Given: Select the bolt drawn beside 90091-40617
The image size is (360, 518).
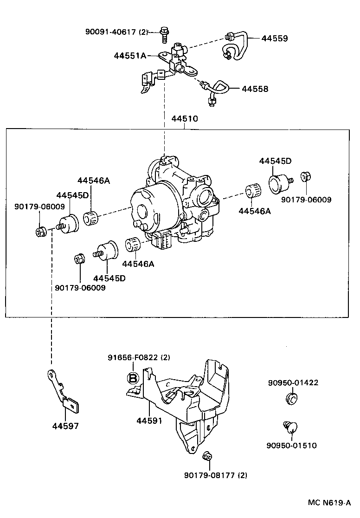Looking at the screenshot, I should pyautogui.click(x=164, y=32).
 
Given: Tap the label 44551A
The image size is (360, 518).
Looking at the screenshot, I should pyautogui.click(x=130, y=56).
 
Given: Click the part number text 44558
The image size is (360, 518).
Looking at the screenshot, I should pyautogui.click(x=255, y=89).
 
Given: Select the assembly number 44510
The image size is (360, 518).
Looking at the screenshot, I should pyautogui.click(x=185, y=119).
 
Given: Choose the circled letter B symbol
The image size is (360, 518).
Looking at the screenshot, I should pyautogui.click(x=133, y=378).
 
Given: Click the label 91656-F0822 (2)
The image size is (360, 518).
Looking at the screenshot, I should pyautogui.click(x=139, y=357).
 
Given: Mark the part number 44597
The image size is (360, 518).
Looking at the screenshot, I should pyautogui.click(x=65, y=426).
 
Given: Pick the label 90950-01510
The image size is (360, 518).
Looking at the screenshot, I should pyautogui.click(x=291, y=446).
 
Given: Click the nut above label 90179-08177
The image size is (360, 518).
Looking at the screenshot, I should pyautogui.click(x=207, y=457).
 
